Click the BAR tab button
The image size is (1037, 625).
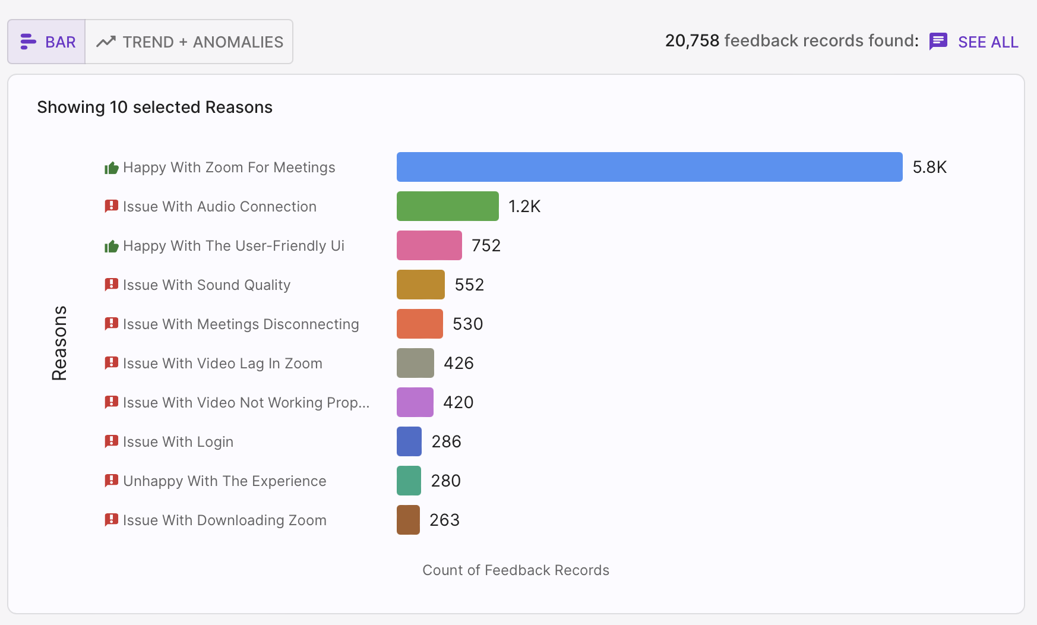[46, 42]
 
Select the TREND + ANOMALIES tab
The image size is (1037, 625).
[189, 42]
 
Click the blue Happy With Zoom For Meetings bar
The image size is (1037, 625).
[650, 167]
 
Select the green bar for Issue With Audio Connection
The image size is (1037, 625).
[448, 206]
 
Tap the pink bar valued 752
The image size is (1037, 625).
[429, 245]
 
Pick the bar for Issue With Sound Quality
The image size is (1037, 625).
[421, 285]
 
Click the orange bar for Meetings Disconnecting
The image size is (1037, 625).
[420, 324]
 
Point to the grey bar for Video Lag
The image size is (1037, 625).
[415, 363]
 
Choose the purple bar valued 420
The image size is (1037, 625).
[415, 402]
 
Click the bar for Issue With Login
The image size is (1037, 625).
[409, 441]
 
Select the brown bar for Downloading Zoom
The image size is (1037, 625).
[408, 520]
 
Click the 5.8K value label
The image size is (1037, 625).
[929, 167]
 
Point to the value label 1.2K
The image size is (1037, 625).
[524, 206]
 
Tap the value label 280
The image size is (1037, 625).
[446, 481]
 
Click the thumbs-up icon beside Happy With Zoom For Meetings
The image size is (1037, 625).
[112, 168]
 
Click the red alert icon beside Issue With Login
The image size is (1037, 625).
[112, 441]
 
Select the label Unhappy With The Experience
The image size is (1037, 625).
[225, 481]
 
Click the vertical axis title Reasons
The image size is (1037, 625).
[59, 343]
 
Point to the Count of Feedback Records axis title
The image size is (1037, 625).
[516, 570]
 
